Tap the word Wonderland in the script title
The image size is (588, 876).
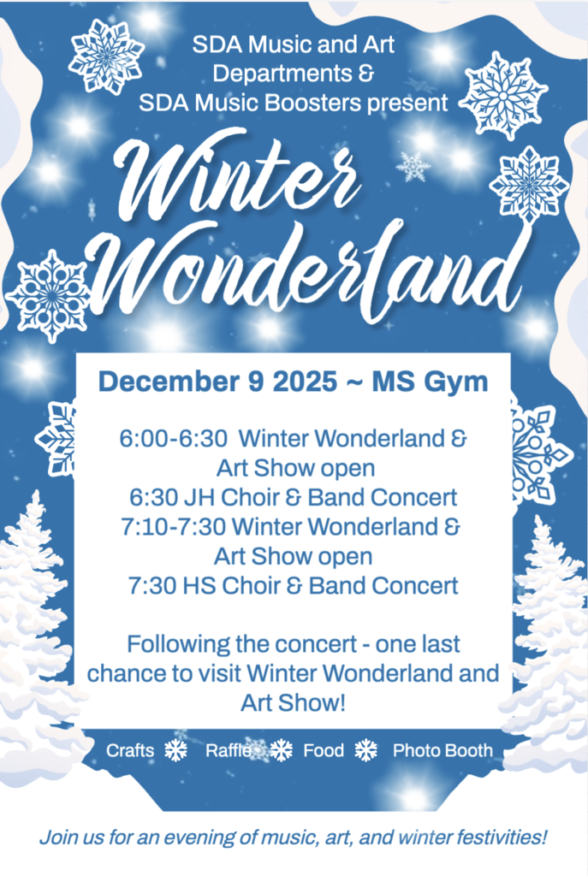pos(310,271)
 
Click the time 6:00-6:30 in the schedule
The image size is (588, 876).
pos(173,439)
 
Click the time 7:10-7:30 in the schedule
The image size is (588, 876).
pos(173,527)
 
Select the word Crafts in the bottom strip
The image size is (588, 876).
pos(130,750)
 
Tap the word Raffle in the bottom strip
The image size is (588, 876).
pos(229,750)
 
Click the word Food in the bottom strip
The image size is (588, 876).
pos(323,750)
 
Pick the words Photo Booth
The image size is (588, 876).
pos(442,750)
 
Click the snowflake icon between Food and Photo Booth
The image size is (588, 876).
pos(366,750)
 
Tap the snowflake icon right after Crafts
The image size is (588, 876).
pos(176,750)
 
